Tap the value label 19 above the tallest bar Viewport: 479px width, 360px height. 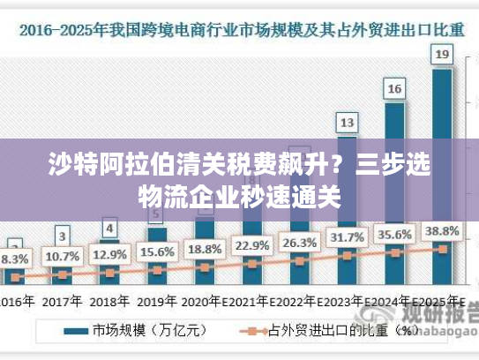442,55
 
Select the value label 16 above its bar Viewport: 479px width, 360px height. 394,88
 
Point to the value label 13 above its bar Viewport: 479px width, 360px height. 348,122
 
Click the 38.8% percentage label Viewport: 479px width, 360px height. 442,231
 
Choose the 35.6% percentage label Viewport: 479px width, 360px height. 394,235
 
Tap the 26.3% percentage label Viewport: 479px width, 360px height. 299,243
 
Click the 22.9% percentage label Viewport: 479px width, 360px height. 252,245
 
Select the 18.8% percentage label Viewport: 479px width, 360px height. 205,249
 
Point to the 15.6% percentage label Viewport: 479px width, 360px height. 157,251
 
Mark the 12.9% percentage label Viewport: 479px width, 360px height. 109,254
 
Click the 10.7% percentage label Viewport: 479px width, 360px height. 62,257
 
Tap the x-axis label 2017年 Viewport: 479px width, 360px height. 62,300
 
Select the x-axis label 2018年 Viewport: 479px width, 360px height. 109,300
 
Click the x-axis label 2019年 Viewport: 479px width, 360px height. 157,300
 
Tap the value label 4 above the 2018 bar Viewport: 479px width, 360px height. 109,229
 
